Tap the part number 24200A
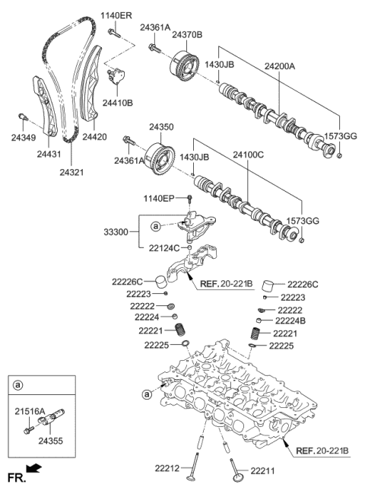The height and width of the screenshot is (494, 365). pos(281,66)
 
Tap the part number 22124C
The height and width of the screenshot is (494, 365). pos(163,247)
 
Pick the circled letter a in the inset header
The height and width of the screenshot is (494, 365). pos(16,386)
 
